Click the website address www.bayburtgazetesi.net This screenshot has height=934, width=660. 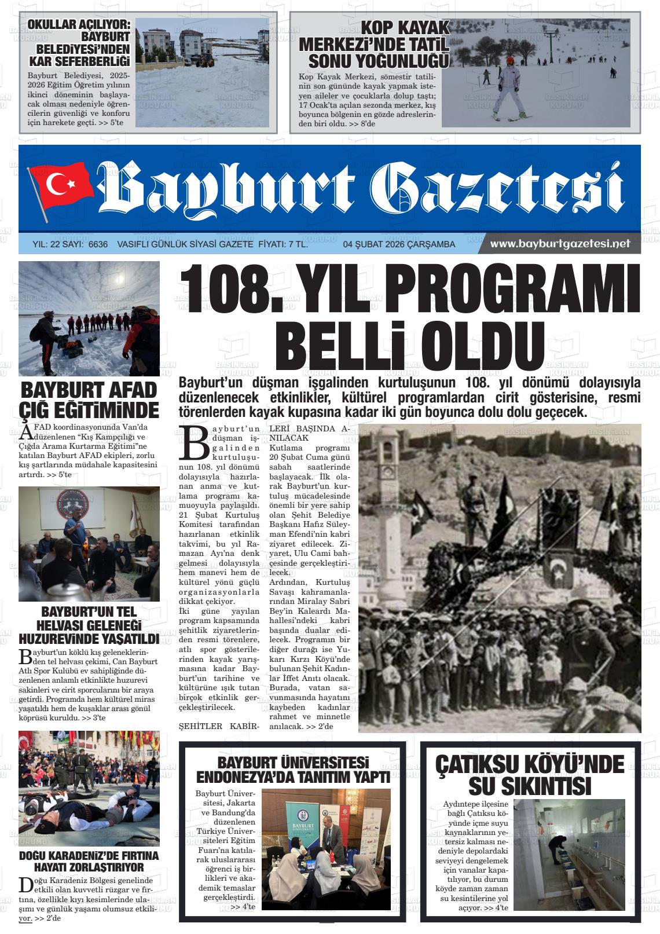pos(559,244)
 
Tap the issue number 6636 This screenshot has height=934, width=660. pos(98,244)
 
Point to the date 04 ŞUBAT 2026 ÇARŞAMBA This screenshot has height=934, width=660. pos(399,244)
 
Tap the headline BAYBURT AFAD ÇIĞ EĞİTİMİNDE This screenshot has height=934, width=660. pos(89,399)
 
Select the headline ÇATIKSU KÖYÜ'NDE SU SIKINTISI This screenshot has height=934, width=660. pos(529,775)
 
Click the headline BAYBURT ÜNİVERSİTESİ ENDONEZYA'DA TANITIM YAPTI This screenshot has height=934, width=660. pos(294,770)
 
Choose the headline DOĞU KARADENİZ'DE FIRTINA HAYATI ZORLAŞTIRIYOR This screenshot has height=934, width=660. pos(89,861)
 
